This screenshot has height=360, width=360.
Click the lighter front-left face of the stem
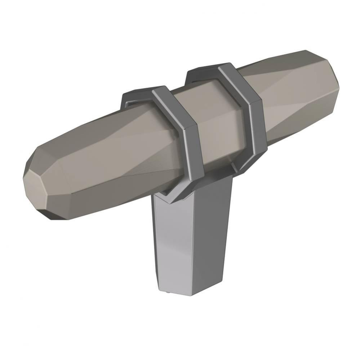click(x=173, y=245)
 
